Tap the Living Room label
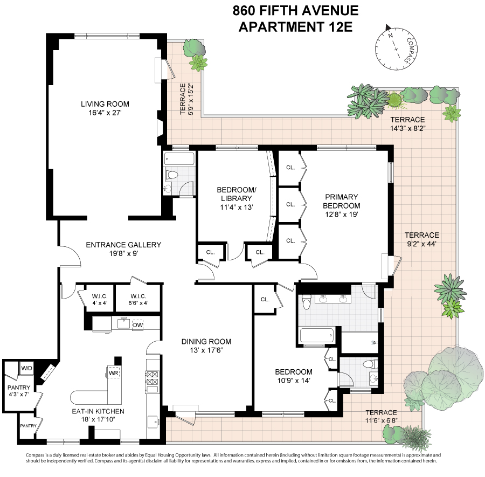click(x=105, y=108)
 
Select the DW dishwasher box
click(x=137, y=324)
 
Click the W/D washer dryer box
click(x=26, y=368)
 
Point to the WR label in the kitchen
click(x=114, y=373)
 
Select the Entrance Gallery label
click(x=123, y=250)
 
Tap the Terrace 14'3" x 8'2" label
click(x=407, y=124)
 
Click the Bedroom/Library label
click(x=237, y=198)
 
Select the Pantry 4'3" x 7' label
click(x=19, y=391)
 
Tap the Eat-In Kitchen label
click(x=98, y=415)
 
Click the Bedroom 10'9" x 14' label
click(x=294, y=376)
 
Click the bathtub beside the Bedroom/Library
click(x=179, y=158)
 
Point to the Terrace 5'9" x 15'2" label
click(x=186, y=99)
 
